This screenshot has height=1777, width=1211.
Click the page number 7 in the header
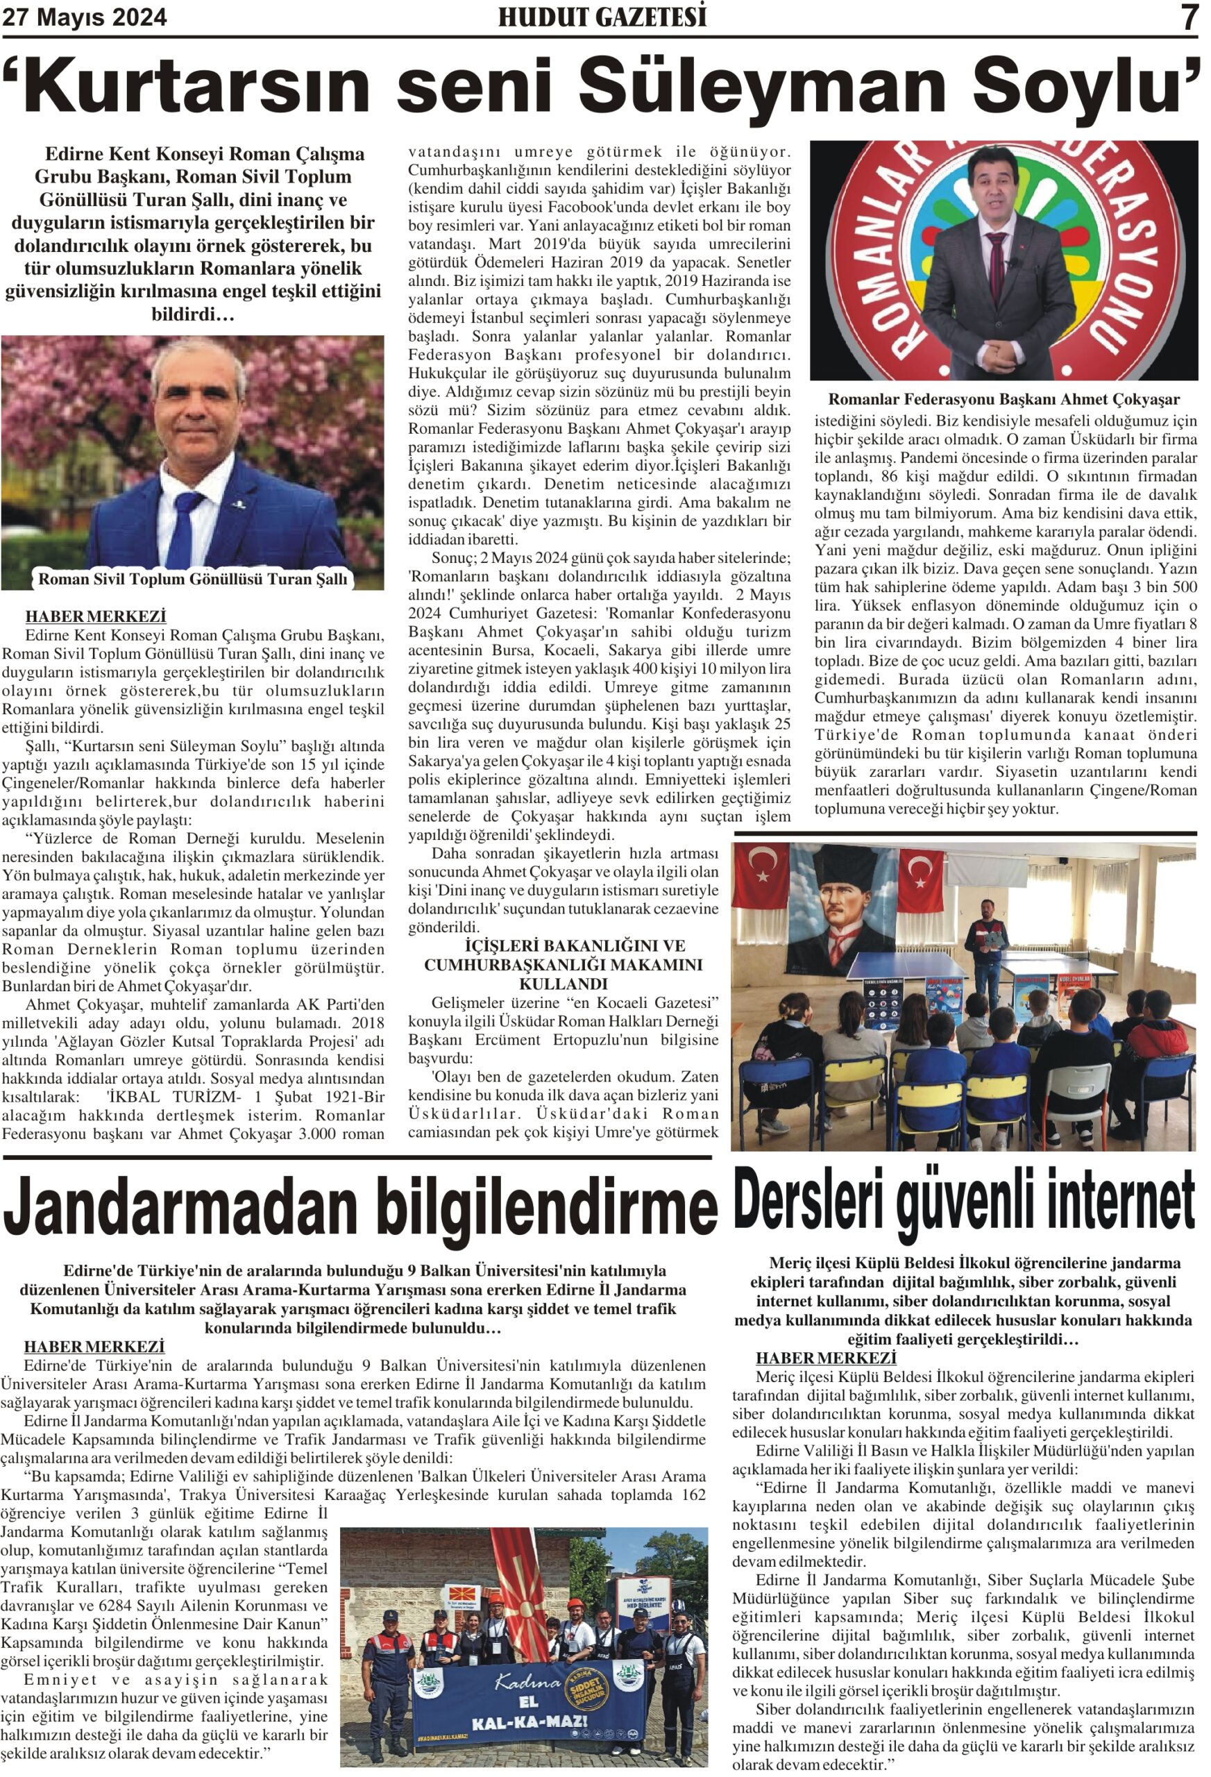point(1189,17)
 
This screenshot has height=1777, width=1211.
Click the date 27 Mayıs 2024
point(85,17)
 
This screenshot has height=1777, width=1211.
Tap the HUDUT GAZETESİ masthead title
point(602,17)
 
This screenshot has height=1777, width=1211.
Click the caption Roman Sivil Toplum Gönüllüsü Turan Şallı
point(193,579)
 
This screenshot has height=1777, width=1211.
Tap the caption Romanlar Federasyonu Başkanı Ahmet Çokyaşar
point(1003,399)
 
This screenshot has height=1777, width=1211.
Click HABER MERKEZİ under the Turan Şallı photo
point(96,616)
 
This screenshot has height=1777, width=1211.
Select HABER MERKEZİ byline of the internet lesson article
point(826,1358)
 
